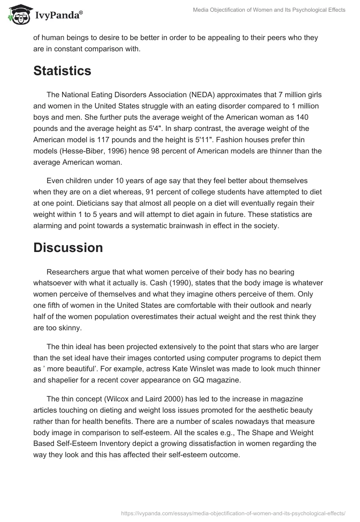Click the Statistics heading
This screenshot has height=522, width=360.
point(62,71)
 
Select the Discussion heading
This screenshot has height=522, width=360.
point(68,247)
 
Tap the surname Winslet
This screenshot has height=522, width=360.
point(223,369)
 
